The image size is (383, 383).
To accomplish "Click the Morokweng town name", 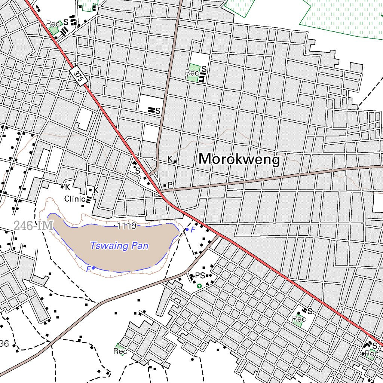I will coord(239,160).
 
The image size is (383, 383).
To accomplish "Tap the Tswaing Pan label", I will coord(119,246).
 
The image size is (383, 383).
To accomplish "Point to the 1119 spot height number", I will coord(126,226).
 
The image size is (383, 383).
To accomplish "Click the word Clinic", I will coord(74,199).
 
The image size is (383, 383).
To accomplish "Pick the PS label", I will coord(200,276).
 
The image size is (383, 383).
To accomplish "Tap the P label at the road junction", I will coord(170,185).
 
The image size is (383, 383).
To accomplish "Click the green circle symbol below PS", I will coord(199,286).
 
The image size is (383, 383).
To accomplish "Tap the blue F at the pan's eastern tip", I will coord(193,230).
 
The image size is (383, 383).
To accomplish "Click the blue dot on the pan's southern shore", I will coord(93,268).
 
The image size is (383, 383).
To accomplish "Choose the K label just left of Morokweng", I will coord(170,159).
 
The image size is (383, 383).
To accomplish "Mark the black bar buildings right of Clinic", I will coord(88,200).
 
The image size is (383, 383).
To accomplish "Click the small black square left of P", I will coord(165,186).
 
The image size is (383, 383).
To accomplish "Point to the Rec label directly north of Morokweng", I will coord(192,73).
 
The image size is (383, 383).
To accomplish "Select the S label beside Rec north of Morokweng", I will coord(204,69).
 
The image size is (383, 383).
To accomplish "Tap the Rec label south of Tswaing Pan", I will coord(120,351).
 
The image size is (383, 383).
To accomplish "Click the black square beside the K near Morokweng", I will coord(175,162).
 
